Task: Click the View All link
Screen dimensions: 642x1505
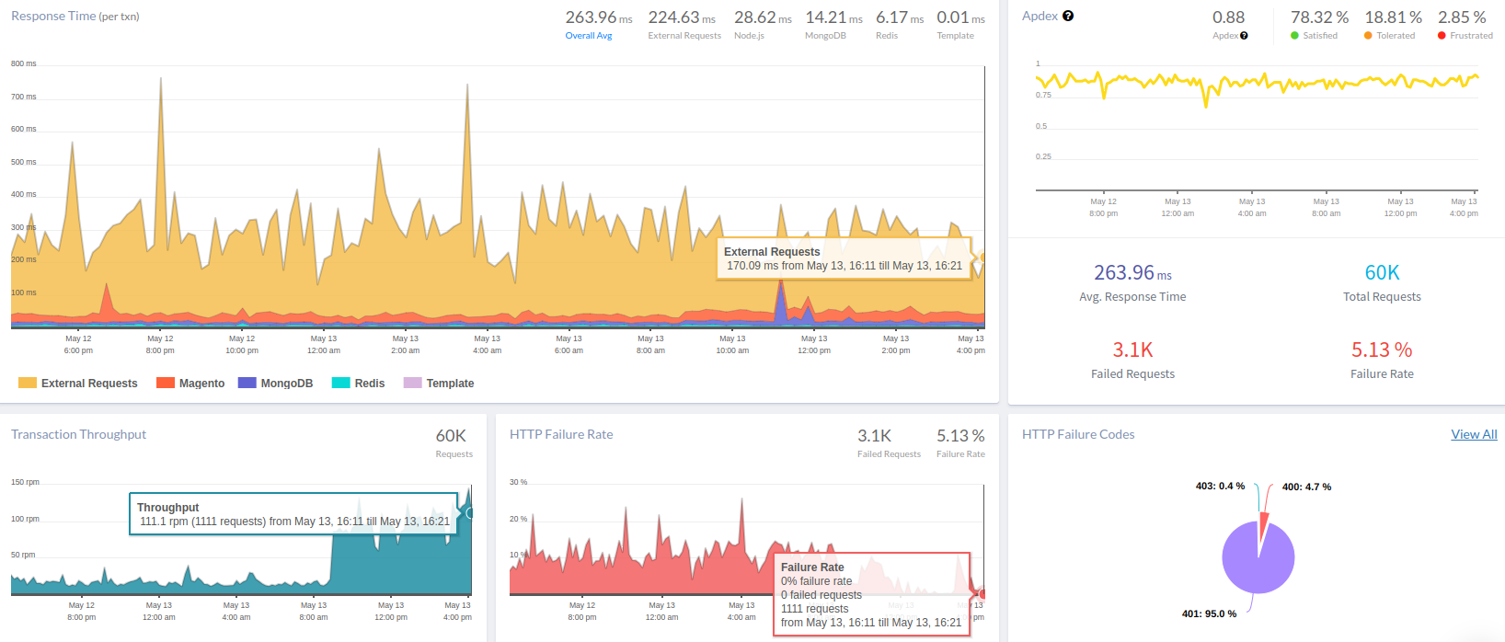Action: (1474, 434)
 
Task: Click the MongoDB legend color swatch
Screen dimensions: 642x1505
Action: (247, 383)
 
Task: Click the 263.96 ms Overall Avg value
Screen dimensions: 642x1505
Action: (598, 17)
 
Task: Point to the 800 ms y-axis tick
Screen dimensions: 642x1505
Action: (24, 63)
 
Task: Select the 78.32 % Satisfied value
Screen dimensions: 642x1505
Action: (1319, 17)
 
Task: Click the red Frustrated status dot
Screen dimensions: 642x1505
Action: (1442, 36)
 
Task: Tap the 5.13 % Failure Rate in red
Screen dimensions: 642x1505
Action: (1381, 350)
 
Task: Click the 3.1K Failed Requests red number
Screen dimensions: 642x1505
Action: (1132, 350)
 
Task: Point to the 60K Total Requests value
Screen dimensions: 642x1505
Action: (1382, 272)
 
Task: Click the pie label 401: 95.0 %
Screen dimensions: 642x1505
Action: (1209, 613)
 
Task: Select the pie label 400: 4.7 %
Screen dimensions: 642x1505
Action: (1306, 487)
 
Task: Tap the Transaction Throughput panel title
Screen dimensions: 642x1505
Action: (78, 434)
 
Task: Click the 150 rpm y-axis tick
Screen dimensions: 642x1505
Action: (25, 482)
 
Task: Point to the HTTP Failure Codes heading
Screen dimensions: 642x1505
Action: (1078, 434)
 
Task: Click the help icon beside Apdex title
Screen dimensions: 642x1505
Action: (1068, 16)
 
